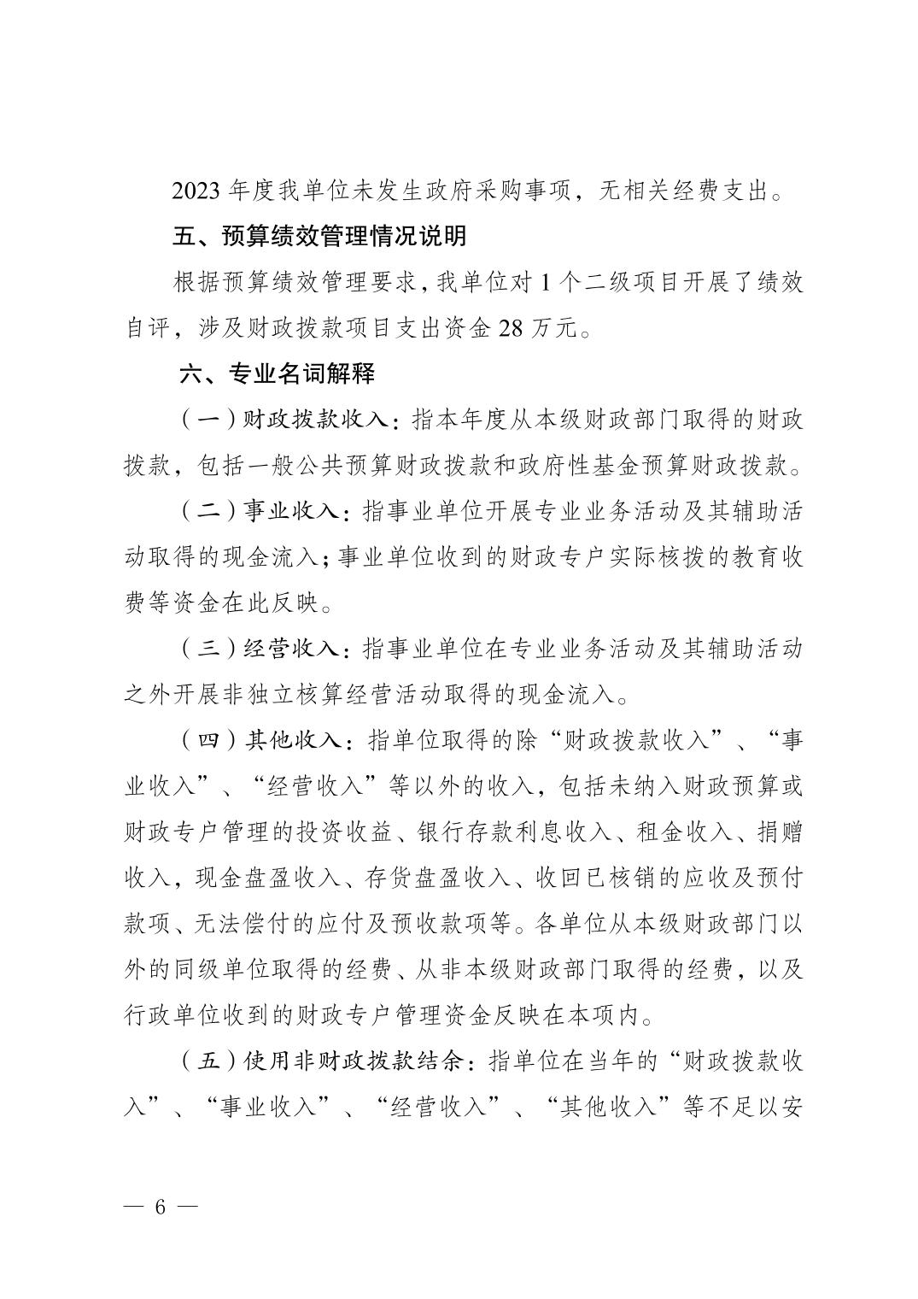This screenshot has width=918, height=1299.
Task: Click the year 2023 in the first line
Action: pos(196,191)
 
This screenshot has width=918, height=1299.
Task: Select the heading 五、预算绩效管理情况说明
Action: pos(319,236)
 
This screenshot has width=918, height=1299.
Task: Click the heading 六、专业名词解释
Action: pos(277,373)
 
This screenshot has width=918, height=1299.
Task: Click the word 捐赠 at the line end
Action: pos(781,833)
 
